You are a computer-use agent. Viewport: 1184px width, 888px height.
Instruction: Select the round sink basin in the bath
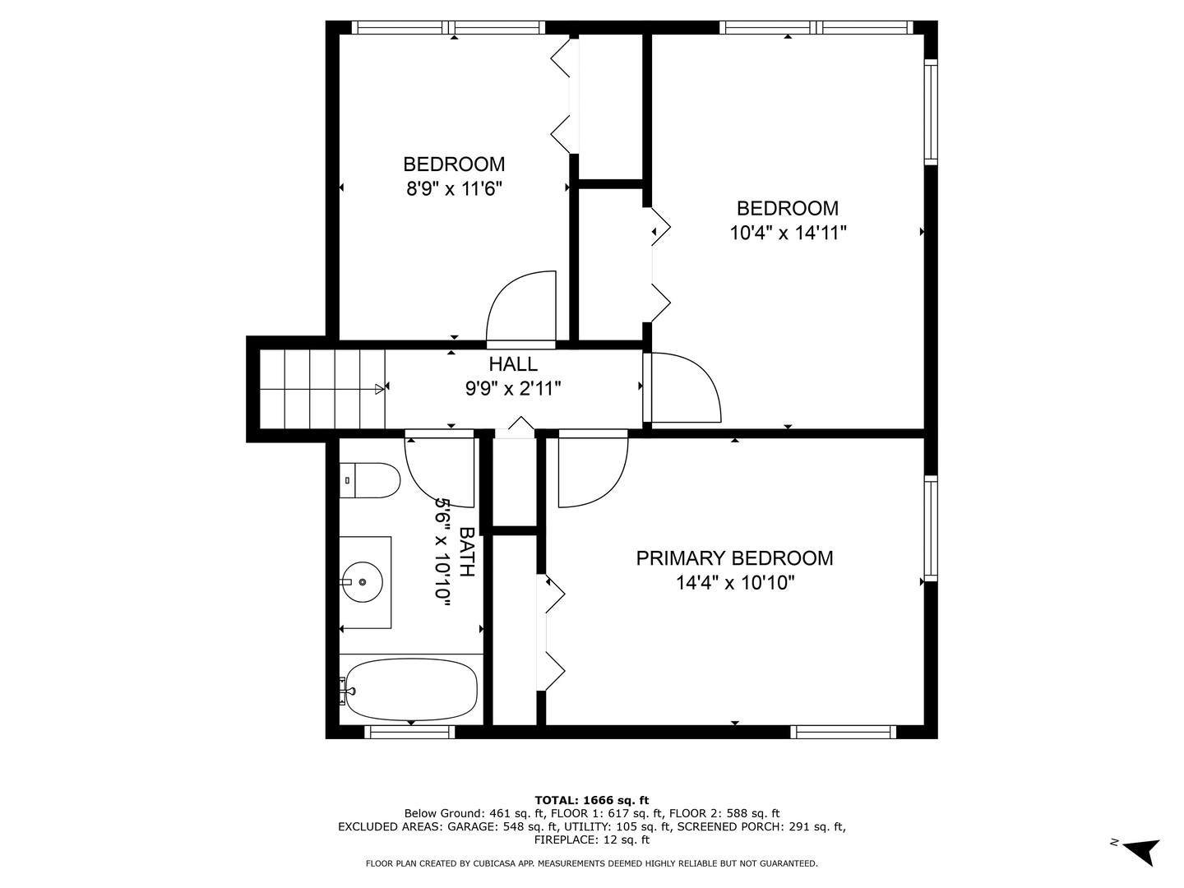click(x=363, y=581)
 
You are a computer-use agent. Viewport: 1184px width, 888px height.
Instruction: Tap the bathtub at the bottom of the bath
click(x=411, y=689)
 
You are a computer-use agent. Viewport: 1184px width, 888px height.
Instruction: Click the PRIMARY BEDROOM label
click(x=734, y=558)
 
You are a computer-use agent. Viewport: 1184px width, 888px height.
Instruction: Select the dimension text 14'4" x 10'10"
click(x=734, y=583)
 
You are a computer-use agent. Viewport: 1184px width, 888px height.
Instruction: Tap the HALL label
click(x=513, y=364)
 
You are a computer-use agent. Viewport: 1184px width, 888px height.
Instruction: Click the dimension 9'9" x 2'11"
click(x=513, y=388)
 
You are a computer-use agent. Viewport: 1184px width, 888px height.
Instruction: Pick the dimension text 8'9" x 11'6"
click(x=454, y=189)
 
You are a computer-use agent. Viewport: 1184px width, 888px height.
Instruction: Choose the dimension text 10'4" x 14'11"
click(x=788, y=233)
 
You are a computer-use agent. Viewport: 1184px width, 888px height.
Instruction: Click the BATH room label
click(x=466, y=553)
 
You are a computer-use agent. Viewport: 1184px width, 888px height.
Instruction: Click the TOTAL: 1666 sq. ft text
click(x=591, y=800)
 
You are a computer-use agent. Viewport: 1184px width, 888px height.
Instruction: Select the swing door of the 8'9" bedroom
click(x=523, y=308)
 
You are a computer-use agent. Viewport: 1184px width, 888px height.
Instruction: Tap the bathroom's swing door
click(x=441, y=470)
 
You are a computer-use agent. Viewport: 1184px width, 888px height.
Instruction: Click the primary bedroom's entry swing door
click(x=592, y=471)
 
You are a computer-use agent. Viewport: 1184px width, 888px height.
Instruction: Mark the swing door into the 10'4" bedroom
click(x=682, y=387)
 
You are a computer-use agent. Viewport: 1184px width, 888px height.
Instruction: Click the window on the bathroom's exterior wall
click(x=409, y=732)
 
